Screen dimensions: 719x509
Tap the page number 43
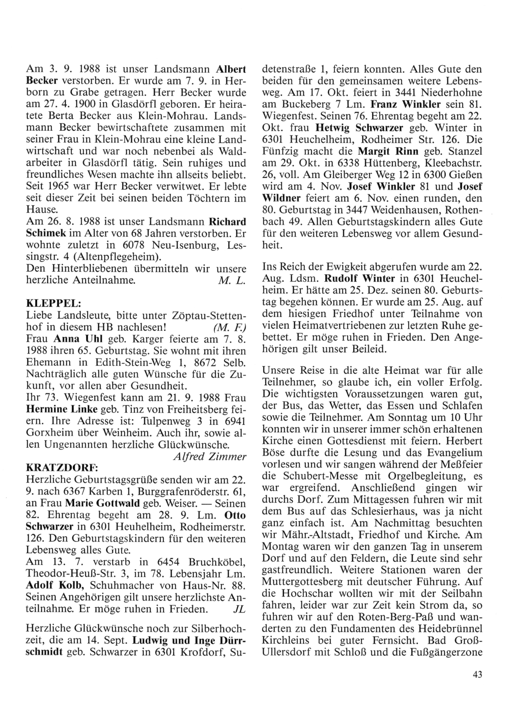click(477, 675)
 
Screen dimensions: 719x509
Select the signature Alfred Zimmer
click(210, 456)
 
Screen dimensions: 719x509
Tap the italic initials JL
click(238, 609)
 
